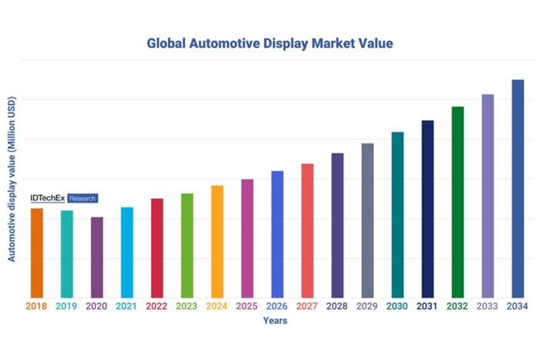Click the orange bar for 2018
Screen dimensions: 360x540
(x=36, y=253)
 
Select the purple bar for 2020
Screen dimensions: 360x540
(x=97, y=257)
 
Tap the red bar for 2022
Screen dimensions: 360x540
(x=157, y=248)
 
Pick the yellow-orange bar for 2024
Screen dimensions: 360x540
(x=217, y=241)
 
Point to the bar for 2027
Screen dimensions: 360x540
(x=307, y=230)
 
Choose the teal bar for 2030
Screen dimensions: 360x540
(x=398, y=215)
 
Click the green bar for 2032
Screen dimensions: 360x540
(x=458, y=202)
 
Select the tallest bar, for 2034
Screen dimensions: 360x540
(x=518, y=188)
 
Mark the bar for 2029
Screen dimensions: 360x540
(x=367, y=220)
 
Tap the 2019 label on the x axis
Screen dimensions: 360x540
(x=66, y=307)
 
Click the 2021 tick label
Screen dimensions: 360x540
(x=127, y=307)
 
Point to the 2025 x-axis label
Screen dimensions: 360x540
(x=247, y=307)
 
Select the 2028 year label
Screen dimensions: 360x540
(x=337, y=307)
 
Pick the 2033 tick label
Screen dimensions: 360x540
(x=487, y=307)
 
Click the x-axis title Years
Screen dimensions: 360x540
(x=275, y=321)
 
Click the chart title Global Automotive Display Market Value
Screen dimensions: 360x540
(x=270, y=43)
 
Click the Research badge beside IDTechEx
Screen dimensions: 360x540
(x=83, y=199)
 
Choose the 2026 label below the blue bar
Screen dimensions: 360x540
(x=277, y=307)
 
